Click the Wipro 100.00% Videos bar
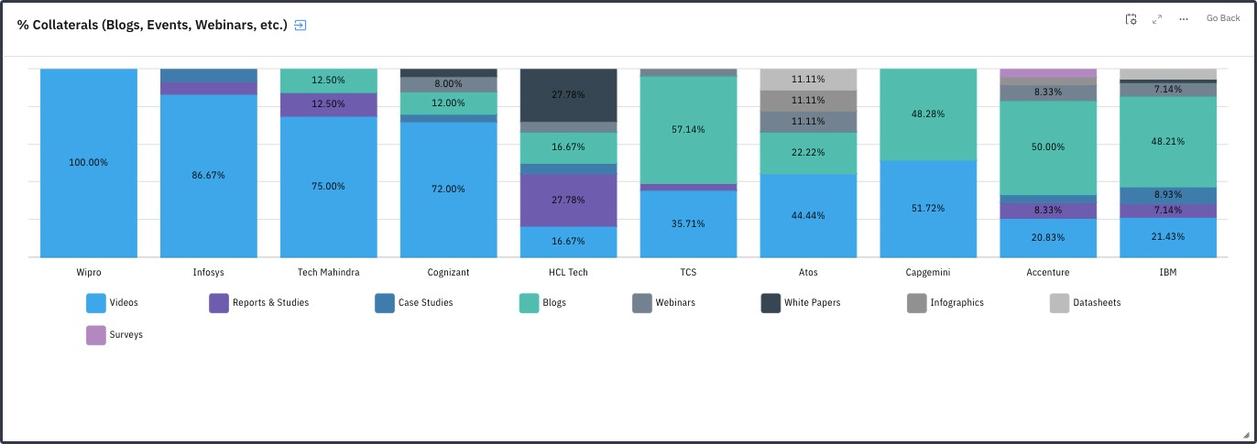click(x=89, y=163)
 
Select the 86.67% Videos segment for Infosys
click(x=209, y=175)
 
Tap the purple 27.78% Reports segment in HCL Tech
click(x=568, y=200)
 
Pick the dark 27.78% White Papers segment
click(x=568, y=94)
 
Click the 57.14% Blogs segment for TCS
click(x=688, y=129)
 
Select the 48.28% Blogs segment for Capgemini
click(x=928, y=114)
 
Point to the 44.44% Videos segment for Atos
click(x=808, y=215)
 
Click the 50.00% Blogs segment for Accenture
click(x=1048, y=146)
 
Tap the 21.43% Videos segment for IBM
click(x=1168, y=237)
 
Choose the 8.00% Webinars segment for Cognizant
click(x=449, y=84)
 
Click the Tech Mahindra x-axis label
click(x=328, y=273)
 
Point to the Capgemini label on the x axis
click(x=928, y=273)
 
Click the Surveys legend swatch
click(x=96, y=335)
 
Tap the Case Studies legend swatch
click(x=385, y=303)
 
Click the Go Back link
click(x=1222, y=18)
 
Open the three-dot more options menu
click(x=1184, y=19)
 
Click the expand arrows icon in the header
click(x=1157, y=19)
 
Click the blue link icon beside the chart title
click(x=300, y=26)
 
